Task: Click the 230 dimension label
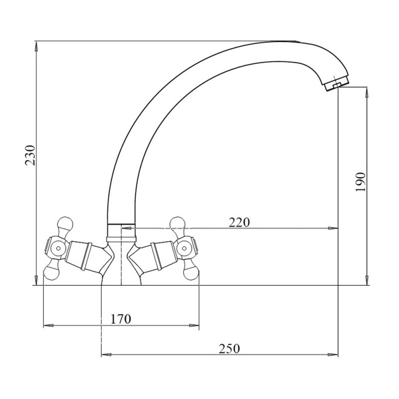pos(30,155)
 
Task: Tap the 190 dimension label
pos(360,182)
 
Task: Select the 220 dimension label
pos(239,222)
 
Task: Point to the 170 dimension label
pos(121,319)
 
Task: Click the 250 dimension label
pos(229,349)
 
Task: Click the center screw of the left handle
pos(58,248)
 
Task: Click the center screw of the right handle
pos(184,248)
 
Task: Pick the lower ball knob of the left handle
pos(51,272)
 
